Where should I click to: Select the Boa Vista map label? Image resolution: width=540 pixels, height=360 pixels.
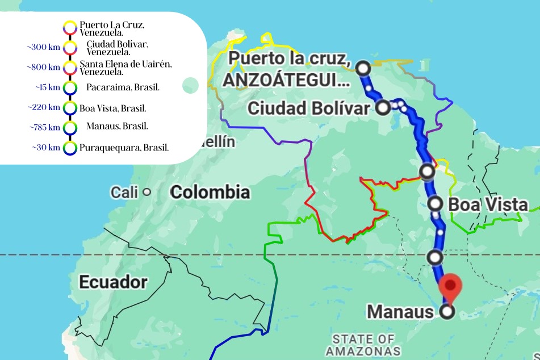(488, 204)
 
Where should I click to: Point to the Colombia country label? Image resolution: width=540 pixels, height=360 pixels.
(210, 192)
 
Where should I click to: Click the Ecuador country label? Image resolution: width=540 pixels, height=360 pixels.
(113, 282)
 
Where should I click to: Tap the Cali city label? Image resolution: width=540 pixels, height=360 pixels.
(124, 192)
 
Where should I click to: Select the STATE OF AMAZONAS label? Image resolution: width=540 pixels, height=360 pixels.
(363, 345)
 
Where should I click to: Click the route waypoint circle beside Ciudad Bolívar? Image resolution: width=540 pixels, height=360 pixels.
(383, 107)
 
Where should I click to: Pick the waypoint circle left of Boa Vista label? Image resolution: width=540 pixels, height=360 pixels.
(435, 203)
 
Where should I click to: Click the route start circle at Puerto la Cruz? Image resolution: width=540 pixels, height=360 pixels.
(363, 68)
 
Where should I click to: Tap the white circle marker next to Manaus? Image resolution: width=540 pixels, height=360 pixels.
(448, 311)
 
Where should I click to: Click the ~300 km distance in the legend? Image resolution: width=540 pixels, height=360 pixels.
(43, 48)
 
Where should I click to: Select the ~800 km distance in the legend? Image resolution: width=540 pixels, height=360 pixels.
(43, 67)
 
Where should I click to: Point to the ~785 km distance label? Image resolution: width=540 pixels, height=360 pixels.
(44, 127)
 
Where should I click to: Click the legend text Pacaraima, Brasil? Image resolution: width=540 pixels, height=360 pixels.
(123, 87)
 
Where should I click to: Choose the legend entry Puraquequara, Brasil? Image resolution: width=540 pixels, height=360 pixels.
(124, 148)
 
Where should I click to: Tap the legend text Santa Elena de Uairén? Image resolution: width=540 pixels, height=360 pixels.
(125, 63)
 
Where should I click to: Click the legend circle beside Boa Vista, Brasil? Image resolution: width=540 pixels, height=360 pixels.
(70, 107)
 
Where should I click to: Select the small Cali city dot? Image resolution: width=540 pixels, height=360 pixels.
(146, 192)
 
